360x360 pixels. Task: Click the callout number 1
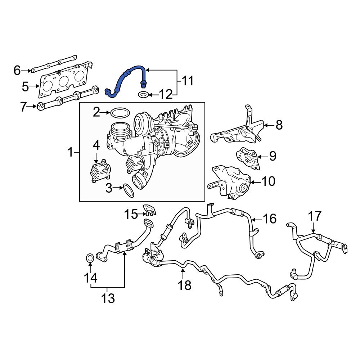[71, 153]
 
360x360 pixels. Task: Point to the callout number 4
[96, 146]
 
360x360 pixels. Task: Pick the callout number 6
[17, 71]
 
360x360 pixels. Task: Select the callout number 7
[23, 107]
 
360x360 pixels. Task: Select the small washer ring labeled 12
[143, 95]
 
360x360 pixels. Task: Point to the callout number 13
[107, 298]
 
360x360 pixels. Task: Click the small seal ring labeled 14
[90, 258]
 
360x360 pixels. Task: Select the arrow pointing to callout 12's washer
[152, 95]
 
